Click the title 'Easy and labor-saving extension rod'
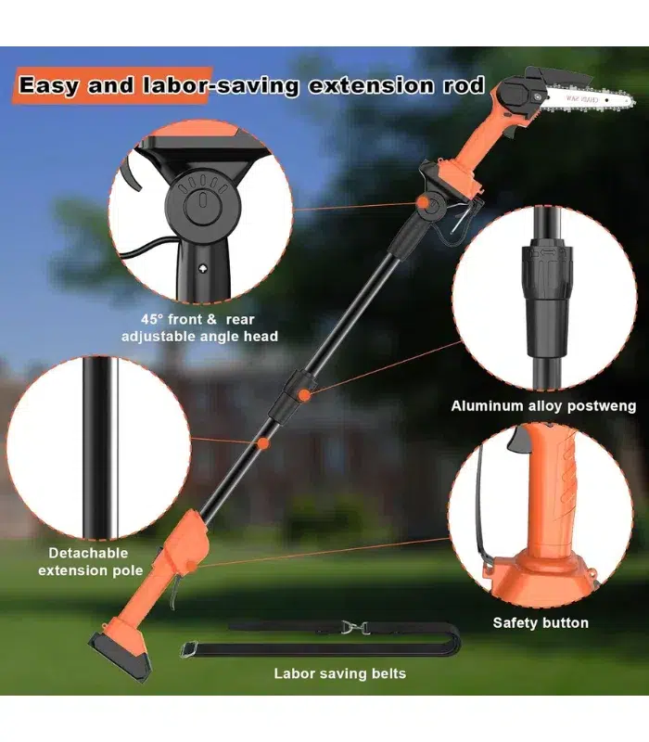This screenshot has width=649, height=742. click(x=251, y=85)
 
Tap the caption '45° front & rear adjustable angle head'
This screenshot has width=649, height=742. click(x=199, y=327)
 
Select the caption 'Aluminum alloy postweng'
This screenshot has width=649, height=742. click(x=543, y=406)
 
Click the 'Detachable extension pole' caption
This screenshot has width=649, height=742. click(x=90, y=561)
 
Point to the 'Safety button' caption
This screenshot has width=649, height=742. click(x=541, y=622)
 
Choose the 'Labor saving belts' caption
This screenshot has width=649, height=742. click(x=339, y=673)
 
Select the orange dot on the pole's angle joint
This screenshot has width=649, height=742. click(x=423, y=203)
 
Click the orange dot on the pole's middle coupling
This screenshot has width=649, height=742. click(x=305, y=395)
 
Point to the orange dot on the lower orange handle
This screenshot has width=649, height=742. click(x=190, y=566)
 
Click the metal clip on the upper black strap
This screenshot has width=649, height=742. click(x=354, y=628)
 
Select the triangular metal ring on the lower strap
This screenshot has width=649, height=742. click(x=188, y=648)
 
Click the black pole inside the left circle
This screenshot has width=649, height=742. click(x=99, y=448)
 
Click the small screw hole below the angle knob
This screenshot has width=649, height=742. click(x=203, y=269)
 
